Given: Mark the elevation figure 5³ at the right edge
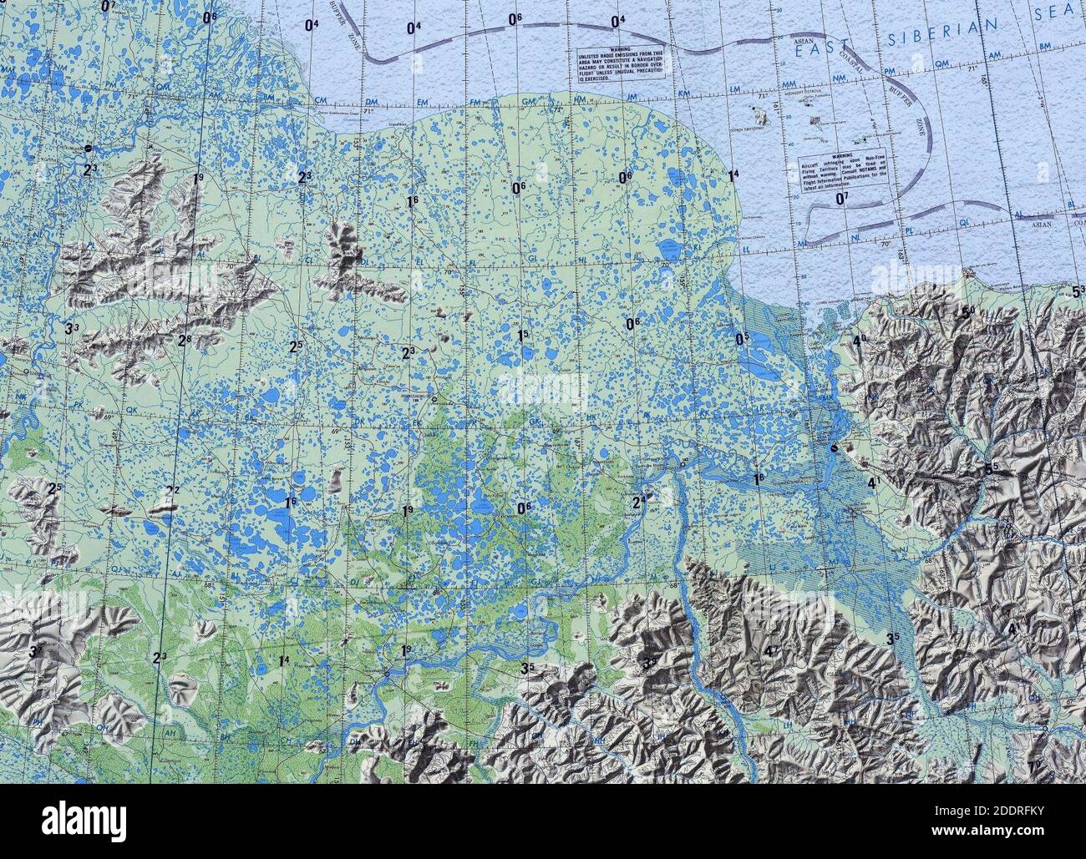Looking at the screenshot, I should (x=1078, y=291).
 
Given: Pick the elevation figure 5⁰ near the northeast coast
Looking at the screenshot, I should (x=968, y=313).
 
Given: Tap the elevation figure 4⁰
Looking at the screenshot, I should (x=859, y=341).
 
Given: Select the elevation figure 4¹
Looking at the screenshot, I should (x=874, y=483).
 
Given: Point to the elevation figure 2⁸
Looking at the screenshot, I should (x=185, y=340).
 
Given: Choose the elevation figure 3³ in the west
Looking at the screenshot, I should (x=72, y=328).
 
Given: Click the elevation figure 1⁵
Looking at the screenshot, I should (x=523, y=336).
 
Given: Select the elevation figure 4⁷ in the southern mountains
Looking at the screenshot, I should (x=771, y=651).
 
